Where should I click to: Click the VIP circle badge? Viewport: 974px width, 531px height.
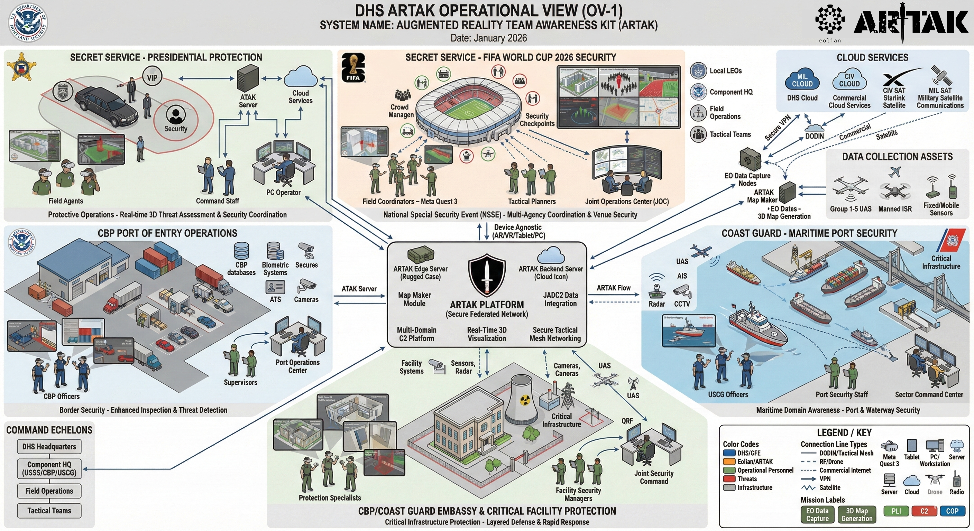coord(152,77)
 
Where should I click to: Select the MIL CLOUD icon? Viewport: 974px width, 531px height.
coord(802,81)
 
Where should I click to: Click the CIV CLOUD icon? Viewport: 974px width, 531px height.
coord(849,81)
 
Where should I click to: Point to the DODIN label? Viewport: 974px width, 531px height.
coord(814,136)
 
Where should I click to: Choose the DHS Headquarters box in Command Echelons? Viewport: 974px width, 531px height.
coord(49,446)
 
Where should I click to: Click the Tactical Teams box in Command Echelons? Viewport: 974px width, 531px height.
coord(49,511)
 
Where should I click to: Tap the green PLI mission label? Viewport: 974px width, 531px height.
coord(896,511)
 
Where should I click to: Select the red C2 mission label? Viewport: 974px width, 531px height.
coord(924,511)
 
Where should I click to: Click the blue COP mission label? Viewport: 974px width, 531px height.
coord(952,511)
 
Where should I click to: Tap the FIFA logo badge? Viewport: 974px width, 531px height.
coord(353,67)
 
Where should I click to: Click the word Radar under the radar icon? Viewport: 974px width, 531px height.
coord(657,304)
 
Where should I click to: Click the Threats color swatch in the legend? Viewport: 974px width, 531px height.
coord(729,479)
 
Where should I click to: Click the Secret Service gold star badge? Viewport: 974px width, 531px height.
coord(21,67)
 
